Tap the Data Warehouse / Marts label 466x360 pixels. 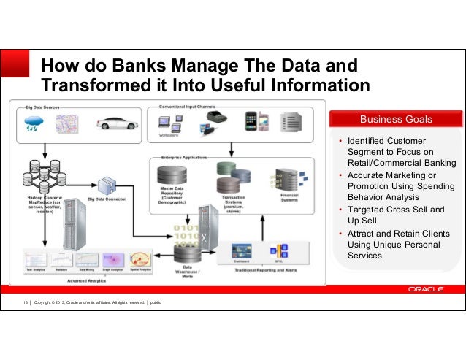(x=191, y=272)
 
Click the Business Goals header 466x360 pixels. (x=396, y=119)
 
